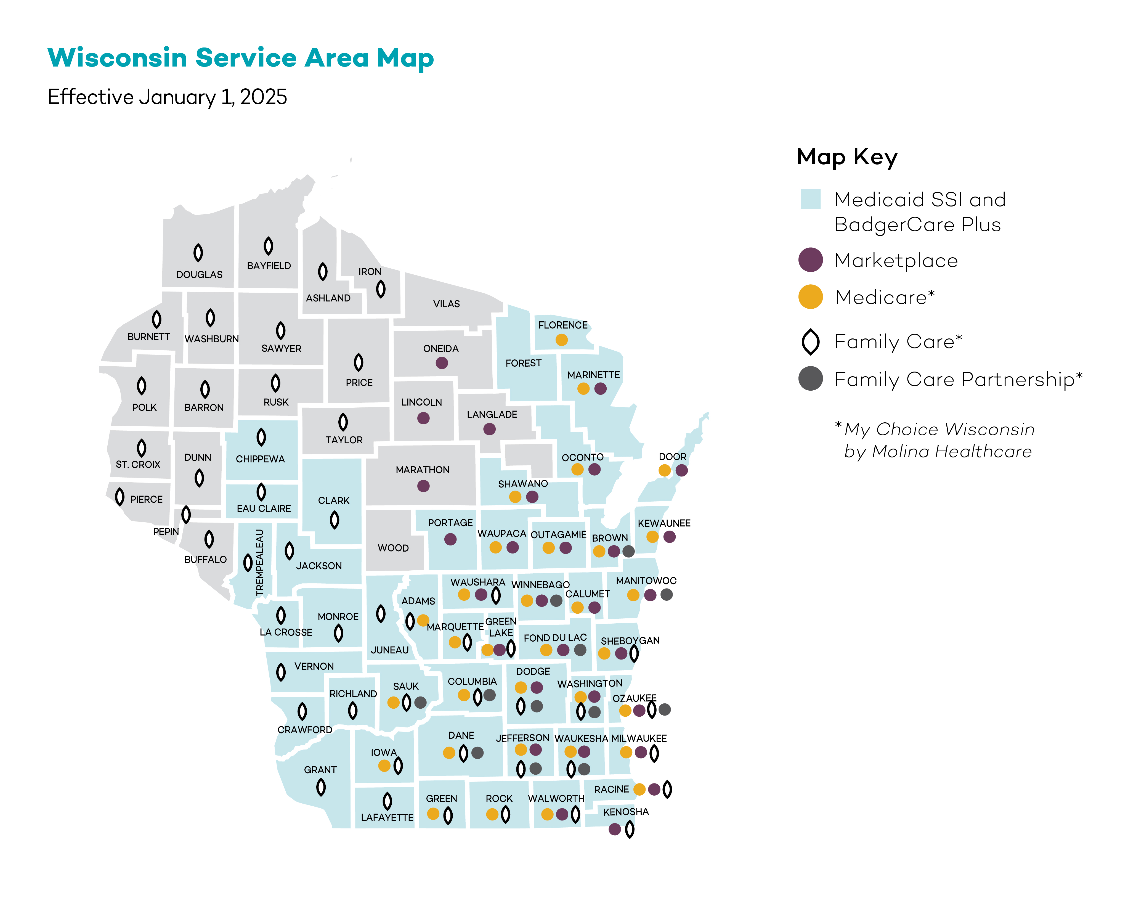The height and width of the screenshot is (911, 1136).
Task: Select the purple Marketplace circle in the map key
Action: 810,260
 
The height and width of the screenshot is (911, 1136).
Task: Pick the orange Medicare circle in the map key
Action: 810,297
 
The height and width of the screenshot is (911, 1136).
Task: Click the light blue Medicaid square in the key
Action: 810,199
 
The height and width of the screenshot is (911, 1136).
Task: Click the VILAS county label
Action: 446,304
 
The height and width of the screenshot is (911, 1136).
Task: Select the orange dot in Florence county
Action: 562,340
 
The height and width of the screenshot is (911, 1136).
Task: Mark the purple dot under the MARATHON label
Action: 423,486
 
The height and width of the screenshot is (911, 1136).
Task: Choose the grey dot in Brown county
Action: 628,551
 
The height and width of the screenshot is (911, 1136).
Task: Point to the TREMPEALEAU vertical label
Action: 259,562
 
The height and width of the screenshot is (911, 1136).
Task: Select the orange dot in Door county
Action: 664,470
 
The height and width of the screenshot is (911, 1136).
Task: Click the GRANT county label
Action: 320,770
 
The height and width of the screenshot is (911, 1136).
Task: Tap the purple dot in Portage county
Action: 450,539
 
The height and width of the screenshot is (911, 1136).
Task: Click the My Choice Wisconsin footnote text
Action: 935,440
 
